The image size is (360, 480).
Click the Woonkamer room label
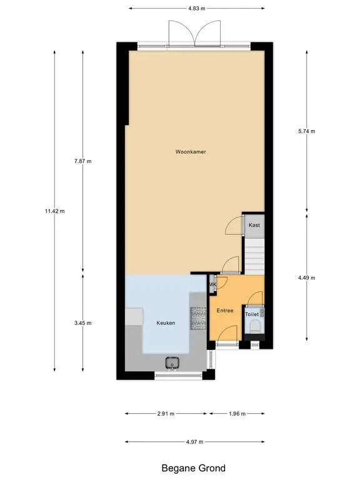coord(191,151)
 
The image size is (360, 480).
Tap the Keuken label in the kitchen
coord(166,322)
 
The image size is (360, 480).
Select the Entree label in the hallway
coord(225,311)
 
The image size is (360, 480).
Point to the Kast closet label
coord(254,225)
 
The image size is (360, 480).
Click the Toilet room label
coord(252,314)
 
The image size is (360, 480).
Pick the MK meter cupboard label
coord(212,285)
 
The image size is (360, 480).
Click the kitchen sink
coord(172,363)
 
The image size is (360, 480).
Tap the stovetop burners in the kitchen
coord(198,318)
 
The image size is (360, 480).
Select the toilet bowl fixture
coord(255,327)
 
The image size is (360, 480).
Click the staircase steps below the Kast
coord(254,256)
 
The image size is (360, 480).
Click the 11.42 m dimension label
coord(54,211)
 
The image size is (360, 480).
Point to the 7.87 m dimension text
coord(82,161)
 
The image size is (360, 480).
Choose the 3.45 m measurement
coord(82,323)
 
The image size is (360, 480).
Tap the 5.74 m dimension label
coord(306,131)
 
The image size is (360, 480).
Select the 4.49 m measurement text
coord(306,277)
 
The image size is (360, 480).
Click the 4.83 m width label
coord(196,8)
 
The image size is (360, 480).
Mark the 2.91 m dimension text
coord(166,414)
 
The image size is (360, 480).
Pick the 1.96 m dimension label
coord(237,414)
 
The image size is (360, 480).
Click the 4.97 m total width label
coord(194,442)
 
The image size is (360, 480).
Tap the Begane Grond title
coord(193,468)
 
